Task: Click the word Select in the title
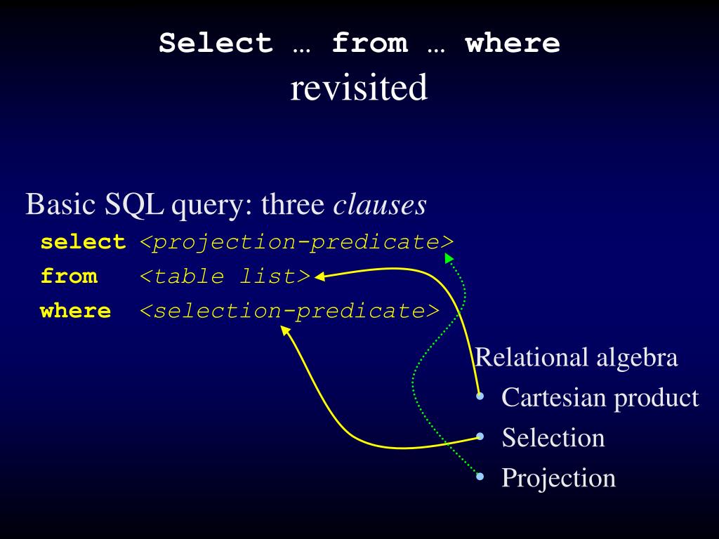pos(216,44)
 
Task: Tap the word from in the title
pos(369,44)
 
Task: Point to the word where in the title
pos(513,44)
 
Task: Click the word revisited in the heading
pos(359,88)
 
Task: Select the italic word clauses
pos(379,205)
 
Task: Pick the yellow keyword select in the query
pos(83,242)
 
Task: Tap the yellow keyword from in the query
pos(69,276)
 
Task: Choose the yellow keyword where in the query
pos(76,310)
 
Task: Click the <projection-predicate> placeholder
pos(297,242)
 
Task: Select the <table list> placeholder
pos(225,276)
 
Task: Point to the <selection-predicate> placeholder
pos(289,310)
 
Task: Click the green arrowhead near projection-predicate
pos(449,259)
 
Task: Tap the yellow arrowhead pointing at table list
pos(320,277)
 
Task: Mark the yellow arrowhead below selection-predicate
pos(286,330)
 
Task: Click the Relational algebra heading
pos(576,358)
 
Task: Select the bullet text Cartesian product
pos(600,398)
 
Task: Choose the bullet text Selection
pos(553,438)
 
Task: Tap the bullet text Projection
pos(558,478)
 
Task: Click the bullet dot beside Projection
pos(480,477)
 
